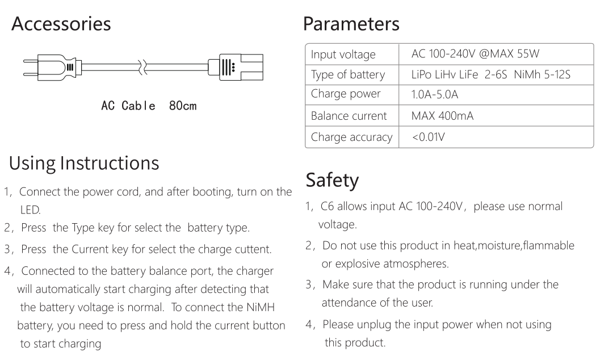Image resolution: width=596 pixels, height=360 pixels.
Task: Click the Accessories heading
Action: pyautogui.click(x=61, y=24)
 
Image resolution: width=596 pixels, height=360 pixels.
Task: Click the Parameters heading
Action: pyautogui.click(x=351, y=24)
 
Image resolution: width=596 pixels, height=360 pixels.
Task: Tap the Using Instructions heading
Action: pyautogui.click(x=84, y=164)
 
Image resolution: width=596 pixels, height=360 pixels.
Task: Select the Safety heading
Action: pyautogui.click(x=332, y=180)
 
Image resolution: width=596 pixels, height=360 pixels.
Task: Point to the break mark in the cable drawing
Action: pyautogui.click(x=142, y=67)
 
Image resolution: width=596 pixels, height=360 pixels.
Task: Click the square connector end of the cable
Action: pyautogui.click(x=236, y=67)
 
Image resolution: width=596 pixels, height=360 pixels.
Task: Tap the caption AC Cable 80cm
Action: pyautogui.click(x=149, y=105)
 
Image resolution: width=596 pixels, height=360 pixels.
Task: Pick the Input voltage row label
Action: pyautogui.click(x=343, y=55)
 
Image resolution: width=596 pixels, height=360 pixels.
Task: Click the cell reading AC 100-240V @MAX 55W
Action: pyautogui.click(x=475, y=53)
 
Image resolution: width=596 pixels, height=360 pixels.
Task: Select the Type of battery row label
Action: pyautogui.click(x=348, y=74)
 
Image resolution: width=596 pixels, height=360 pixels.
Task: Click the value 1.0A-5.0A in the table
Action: pyautogui.click(x=435, y=94)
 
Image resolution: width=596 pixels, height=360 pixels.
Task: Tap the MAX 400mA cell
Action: pyautogui.click(x=442, y=116)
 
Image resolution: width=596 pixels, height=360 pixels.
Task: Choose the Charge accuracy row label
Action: pyautogui.click(x=351, y=137)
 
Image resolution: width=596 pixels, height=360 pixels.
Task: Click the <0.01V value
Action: pyautogui.click(x=429, y=136)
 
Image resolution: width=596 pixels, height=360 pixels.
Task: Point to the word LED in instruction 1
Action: pyautogui.click(x=30, y=210)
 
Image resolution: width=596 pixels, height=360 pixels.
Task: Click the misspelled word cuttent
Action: pyautogui.click(x=253, y=249)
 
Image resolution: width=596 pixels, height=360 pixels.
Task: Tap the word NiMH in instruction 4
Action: pyautogui.click(x=261, y=307)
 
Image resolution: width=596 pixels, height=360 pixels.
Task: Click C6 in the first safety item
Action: pyautogui.click(x=327, y=206)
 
